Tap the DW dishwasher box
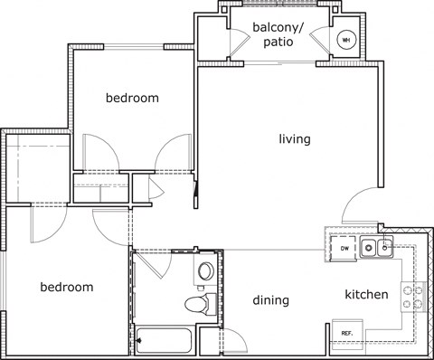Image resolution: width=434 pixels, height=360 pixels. point(344,248)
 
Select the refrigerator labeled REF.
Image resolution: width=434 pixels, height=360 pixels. point(346,333)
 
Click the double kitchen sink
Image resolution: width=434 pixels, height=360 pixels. point(375,246)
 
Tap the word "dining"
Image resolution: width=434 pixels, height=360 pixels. point(270,300)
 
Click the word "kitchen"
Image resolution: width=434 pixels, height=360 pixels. point(366,295)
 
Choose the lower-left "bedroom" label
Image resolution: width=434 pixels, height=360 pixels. point(67,287)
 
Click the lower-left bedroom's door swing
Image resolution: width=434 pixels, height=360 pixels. point(42,225)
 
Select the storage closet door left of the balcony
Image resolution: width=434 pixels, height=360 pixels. point(232,40)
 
